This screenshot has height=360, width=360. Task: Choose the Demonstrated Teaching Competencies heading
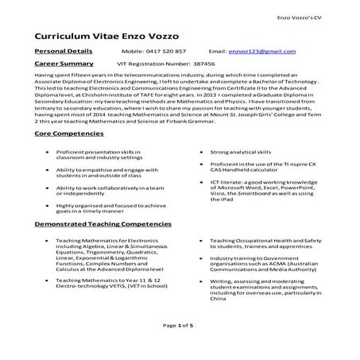[x=103, y=226]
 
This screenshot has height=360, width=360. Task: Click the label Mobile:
[x=131, y=52]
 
